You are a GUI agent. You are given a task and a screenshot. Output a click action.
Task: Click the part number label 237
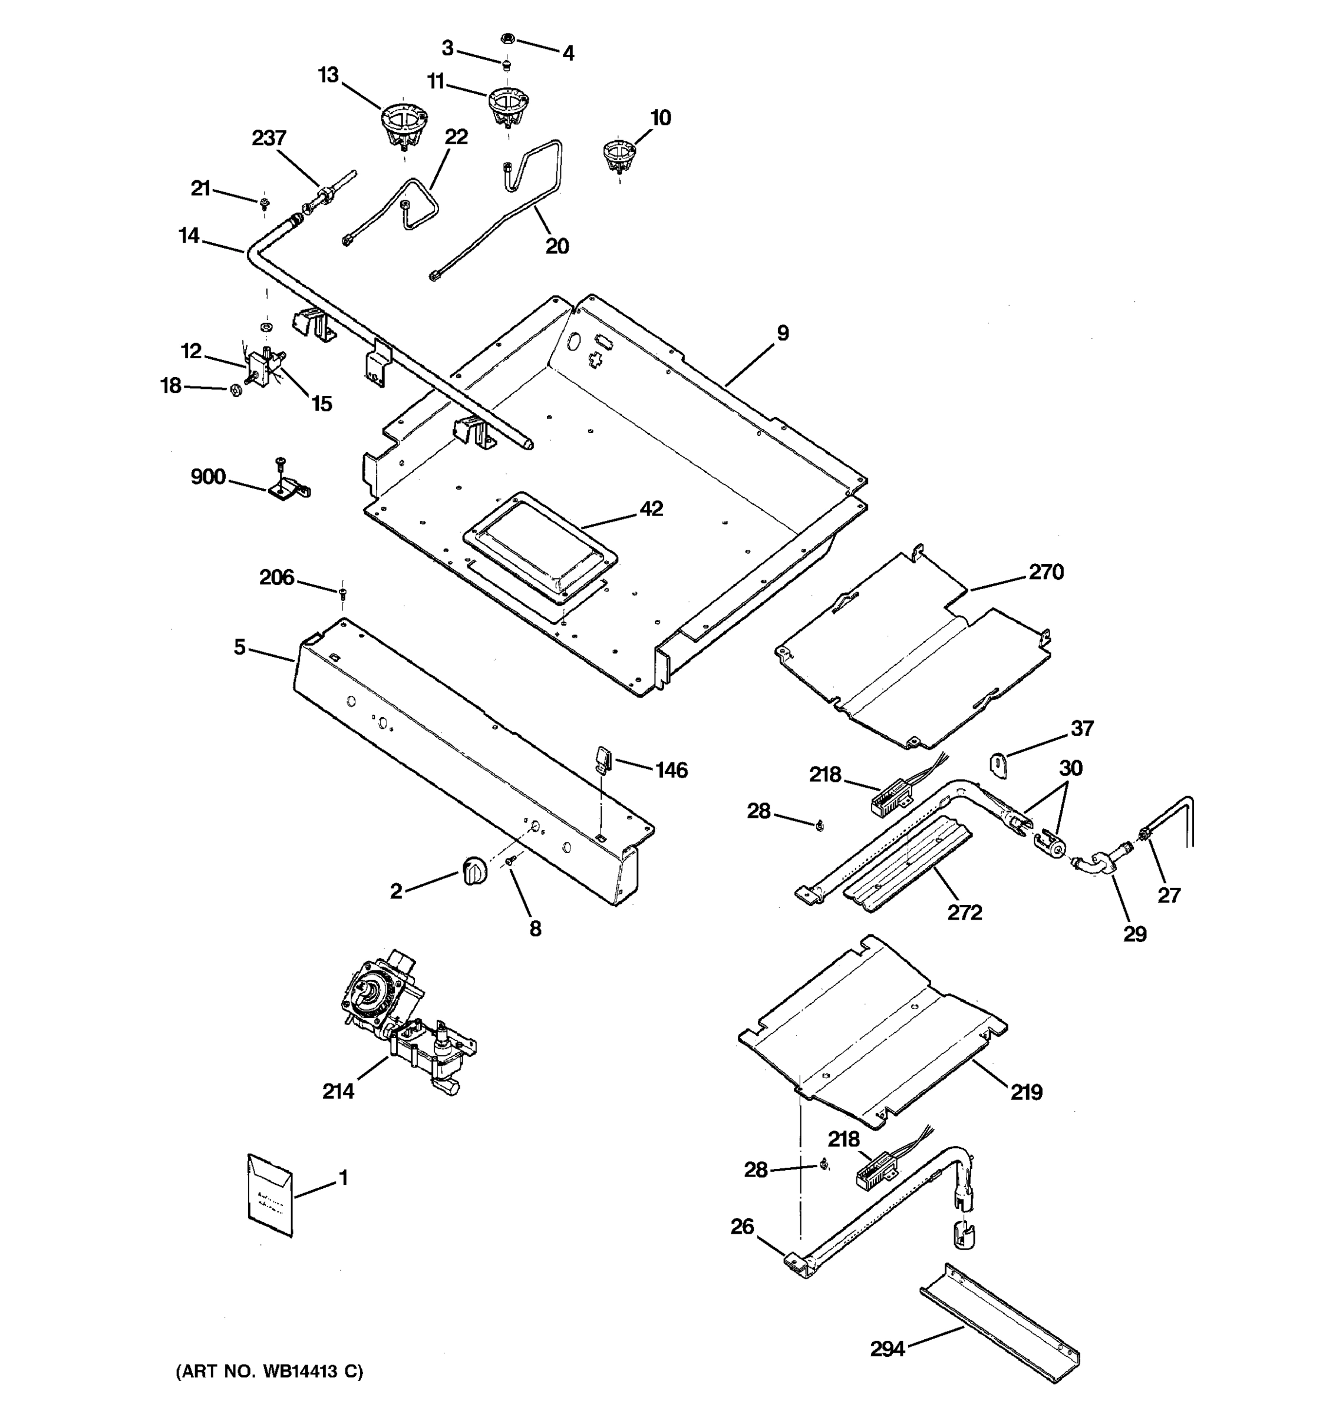click(269, 138)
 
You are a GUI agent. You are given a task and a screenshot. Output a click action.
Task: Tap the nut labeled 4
click(508, 39)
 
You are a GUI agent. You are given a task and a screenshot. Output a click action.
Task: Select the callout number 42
click(651, 508)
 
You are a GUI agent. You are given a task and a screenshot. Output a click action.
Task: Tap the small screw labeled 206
click(343, 590)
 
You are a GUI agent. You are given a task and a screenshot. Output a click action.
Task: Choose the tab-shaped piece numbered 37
click(999, 764)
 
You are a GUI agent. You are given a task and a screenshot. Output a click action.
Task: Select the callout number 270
click(1045, 572)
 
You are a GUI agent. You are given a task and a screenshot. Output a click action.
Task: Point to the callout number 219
click(1027, 1092)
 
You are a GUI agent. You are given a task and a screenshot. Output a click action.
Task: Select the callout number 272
click(965, 912)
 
